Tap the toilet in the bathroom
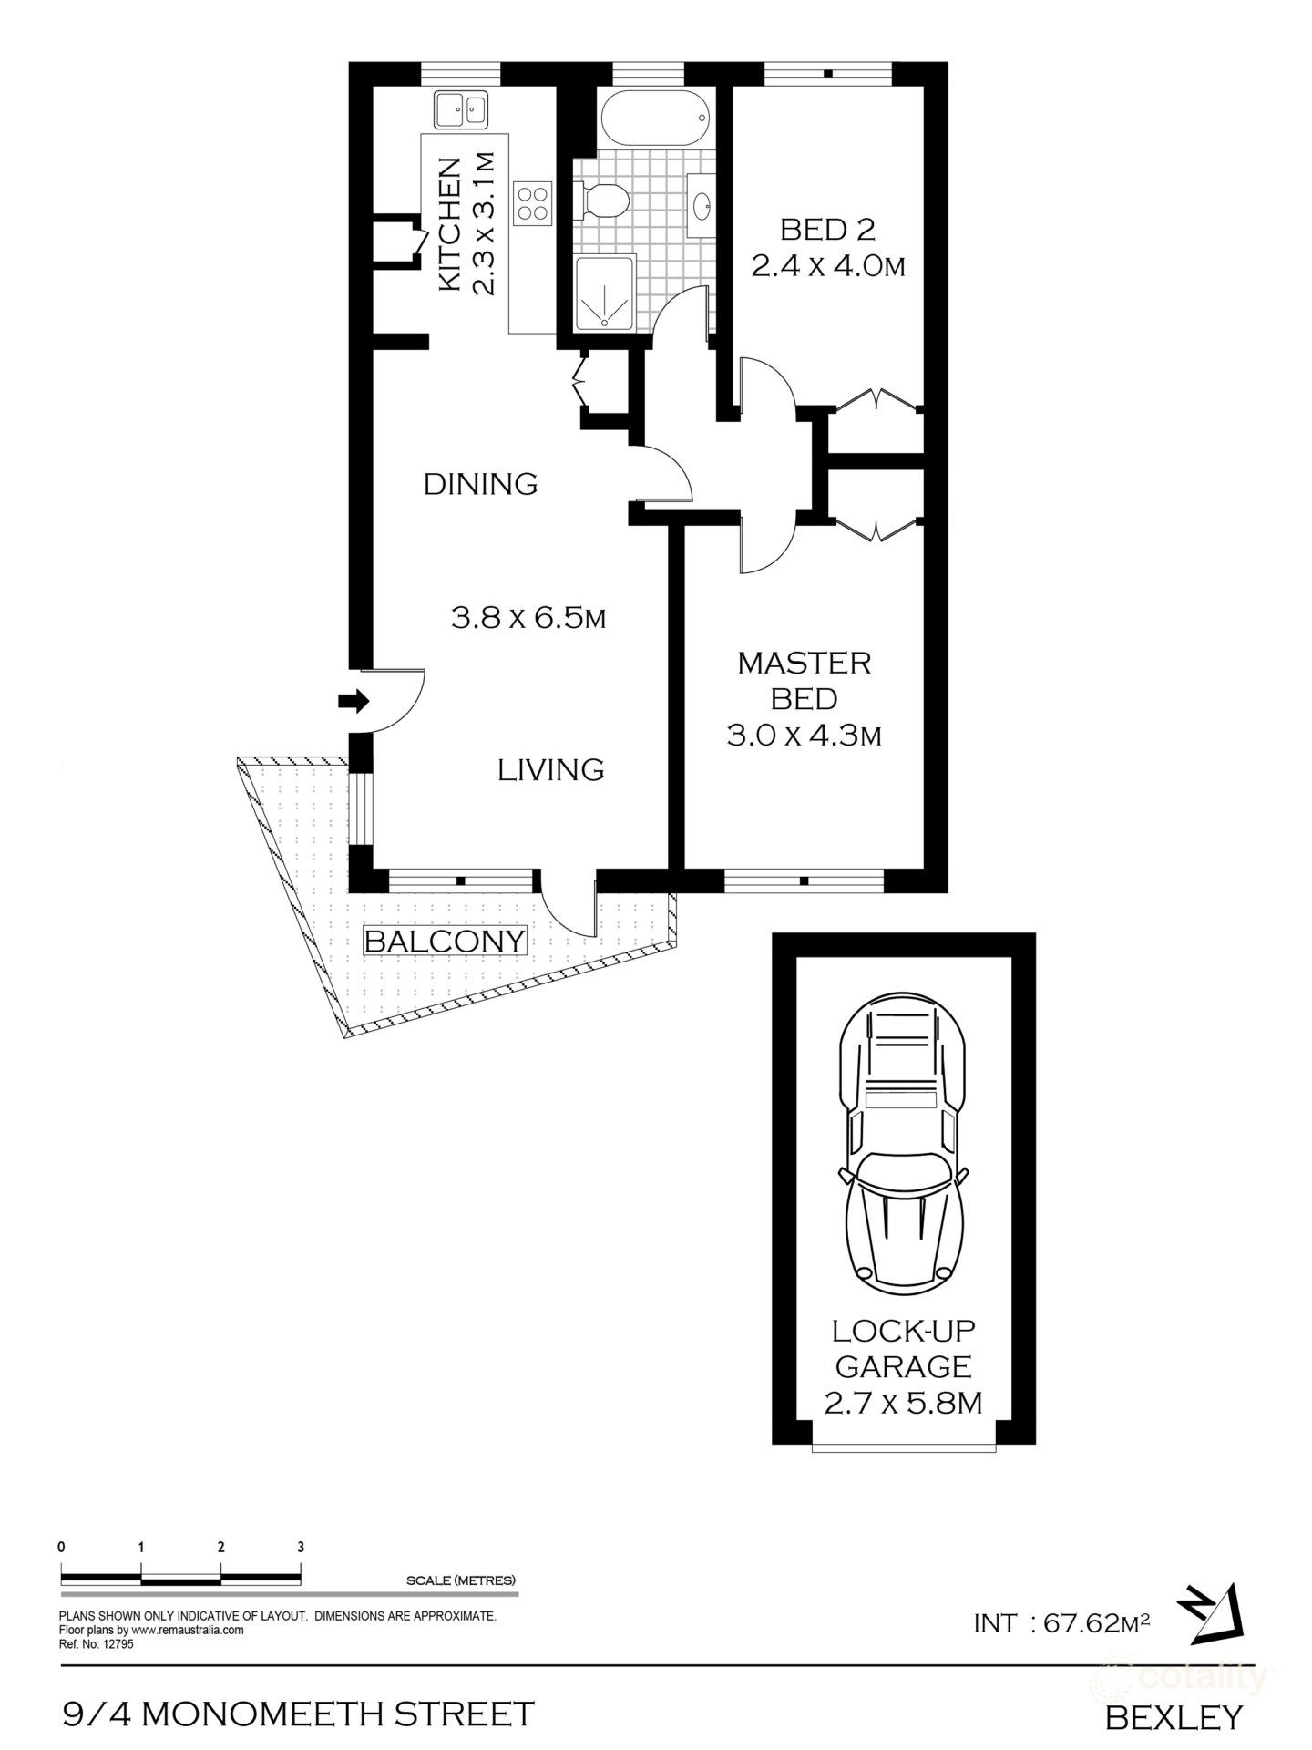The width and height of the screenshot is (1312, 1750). pyautogui.click(x=602, y=200)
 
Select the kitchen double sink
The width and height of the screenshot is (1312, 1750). pyautogui.click(x=460, y=109)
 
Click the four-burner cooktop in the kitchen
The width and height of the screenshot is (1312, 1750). pyautogui.click(x=532, y=201)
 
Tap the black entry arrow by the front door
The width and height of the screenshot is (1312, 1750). pyautogui.click(x=353, y=701)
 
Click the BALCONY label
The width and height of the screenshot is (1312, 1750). pyautogui.click(x=446, y=941)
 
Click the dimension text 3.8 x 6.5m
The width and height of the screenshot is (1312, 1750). pyautogui.click(x=528, y=619)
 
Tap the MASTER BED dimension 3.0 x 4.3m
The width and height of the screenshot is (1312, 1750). pyautogui.click(x=804, y=735)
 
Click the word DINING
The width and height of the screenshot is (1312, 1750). pyautogui.click(x=480, y=484)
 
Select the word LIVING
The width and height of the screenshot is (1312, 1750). pyautogui.click(x=550, y=770)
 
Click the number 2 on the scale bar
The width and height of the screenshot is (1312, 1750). pyautogui.click(x=221, y=1547)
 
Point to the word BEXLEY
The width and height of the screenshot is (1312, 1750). pyautogui.click(x=1174, y=1717)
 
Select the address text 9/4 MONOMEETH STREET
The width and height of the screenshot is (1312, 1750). pyautogui.click(x=297, y=1714)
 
